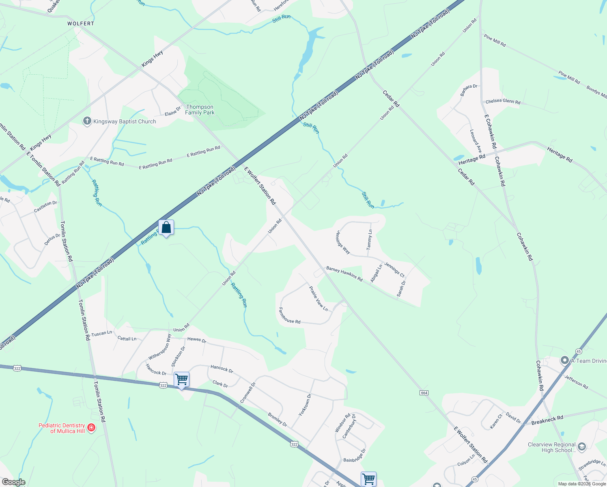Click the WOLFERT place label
81,24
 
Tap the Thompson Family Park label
200,110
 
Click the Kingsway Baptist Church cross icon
87,121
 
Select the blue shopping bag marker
166,228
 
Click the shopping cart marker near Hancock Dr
181,379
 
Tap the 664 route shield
424,393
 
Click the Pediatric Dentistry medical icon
91,428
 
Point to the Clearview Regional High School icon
581,447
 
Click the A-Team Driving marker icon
564,360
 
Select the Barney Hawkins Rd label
344,274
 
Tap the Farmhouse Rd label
289,316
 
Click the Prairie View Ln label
319,299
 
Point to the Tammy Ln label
369,240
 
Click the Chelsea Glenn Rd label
503,101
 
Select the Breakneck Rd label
547,420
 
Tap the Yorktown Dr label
305,405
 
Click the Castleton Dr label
45,207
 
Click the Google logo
13,482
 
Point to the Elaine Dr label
172,111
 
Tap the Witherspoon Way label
160,347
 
